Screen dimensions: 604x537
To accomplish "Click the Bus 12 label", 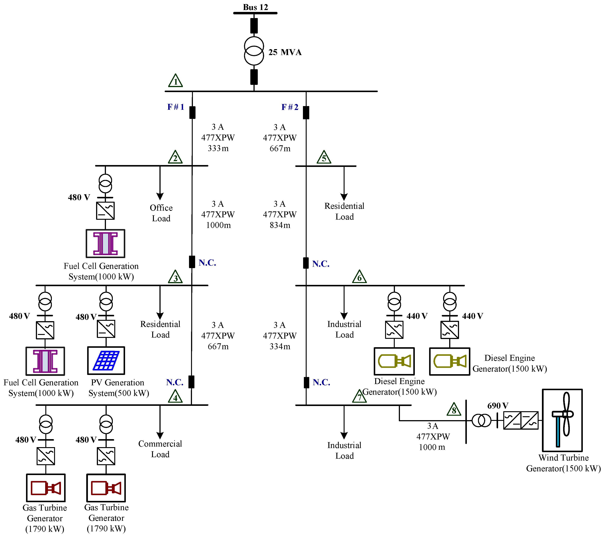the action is [x=255, y=7].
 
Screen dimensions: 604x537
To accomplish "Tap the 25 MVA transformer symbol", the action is [x=254, y=51].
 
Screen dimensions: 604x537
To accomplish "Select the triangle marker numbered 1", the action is [x=175, y=81].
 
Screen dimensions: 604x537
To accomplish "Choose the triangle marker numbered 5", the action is [x=324, y=157].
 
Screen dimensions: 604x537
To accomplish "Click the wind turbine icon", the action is [x=562, y=420].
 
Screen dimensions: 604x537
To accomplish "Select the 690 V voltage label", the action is [x=498, y=406].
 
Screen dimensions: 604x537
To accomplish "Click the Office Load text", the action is [x=161, y=213].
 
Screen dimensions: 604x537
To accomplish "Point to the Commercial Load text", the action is [x=160, y=449].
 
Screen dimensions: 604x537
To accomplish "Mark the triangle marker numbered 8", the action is [x=454, y=410].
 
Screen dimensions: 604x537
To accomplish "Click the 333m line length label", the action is [x=218, y=148].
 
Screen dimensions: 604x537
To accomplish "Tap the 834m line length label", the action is [x=280, y=225].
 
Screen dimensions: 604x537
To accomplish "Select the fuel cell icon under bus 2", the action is [x=106, y=244].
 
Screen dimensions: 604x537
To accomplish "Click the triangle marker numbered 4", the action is [x=175, y=397].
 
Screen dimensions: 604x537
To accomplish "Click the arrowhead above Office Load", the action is [x=160, y=196].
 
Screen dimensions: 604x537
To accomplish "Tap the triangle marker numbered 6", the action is [x=359, y=277].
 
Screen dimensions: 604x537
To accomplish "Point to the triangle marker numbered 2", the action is [x=175, y=157].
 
